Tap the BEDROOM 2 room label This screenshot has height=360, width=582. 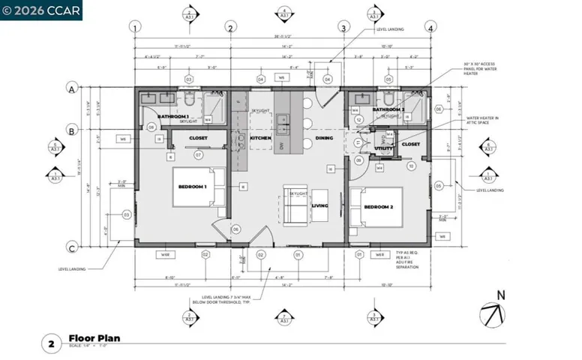pyautogui.click(x=379, y=206)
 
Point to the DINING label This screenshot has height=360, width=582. pyautogui.click(x=324, y=139)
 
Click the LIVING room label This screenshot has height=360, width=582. pyautogui.click(x=320, y=205)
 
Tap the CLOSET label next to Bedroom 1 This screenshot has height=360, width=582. pyautogui.click(x=199, y=138)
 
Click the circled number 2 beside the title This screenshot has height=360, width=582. pyautogui.click(x=51, y=344)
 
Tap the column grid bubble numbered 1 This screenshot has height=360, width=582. pyautogui.click(x=135, y=28)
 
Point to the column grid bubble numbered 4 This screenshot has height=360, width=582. pyautogui.click(x=430, y=28)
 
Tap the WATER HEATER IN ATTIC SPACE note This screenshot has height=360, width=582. pyautogui.click(x=483, y=121)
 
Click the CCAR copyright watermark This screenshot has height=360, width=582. pyautogui.click(x=40, y=10)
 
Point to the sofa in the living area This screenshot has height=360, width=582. pyautogui.click(x=296, y=205)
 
